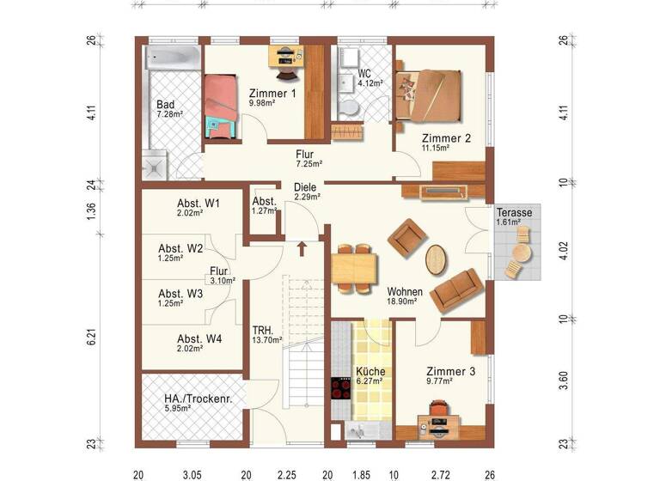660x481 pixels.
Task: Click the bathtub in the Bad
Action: pyautogui.click(x=173, y=58)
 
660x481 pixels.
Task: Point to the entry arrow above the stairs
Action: pyautogui.click(x=302, y=249)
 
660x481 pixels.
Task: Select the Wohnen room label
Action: pyautogui.click(x=402, y=291)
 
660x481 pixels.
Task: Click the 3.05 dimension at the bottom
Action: pyautogui.click(x=192, y=473)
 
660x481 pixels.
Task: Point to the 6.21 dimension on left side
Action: pyautogui.click(x=91, y=338)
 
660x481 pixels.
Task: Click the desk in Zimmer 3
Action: pyautogui.click(x=439, y=423)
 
